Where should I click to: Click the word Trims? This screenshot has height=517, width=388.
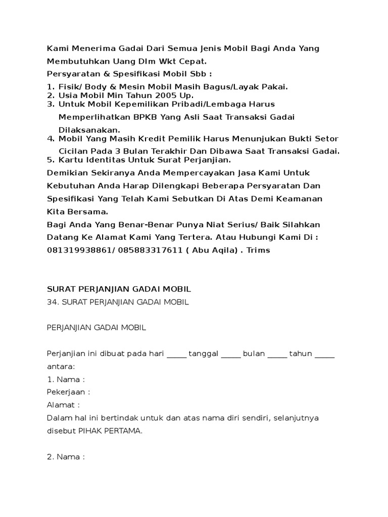pyautogui.click(x=259, y=250)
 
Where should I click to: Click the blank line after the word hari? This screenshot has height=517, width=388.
pyautogui.click(x=176, y=353)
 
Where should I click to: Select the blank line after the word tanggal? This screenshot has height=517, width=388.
pyautogui.click(x=231, y=353)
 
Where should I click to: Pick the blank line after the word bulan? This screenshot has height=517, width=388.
pyautogui.click(x=277, y=353)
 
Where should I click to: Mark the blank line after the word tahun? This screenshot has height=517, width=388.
pyautogui.click(x=325, y=353)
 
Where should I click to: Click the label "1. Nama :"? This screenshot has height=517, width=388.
pyautogui.click(x=66, y=379)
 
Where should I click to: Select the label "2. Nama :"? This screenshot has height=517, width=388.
pyautogui.click(x=66, y=457)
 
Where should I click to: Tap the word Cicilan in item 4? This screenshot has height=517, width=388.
pyautogui.click(x=74, y=151)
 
